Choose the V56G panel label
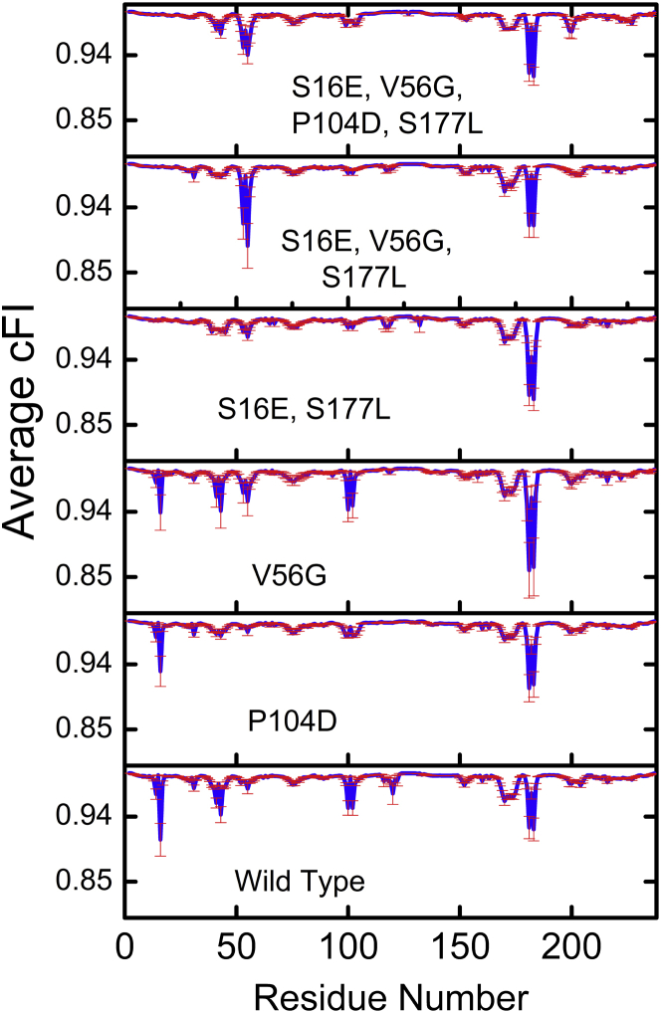pyautogui.click(x=286, y=575)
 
